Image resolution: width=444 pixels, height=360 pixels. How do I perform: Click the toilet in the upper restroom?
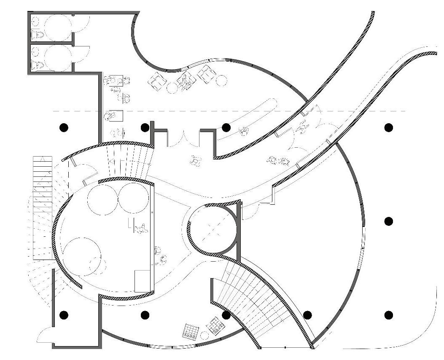point(38,34)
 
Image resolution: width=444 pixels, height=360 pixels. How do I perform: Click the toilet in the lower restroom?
point(38,65)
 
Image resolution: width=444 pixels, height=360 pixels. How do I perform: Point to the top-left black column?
point(64,127)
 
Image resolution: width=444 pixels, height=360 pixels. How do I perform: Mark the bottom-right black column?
point(388,315)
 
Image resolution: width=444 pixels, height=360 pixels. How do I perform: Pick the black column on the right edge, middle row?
point(388,221)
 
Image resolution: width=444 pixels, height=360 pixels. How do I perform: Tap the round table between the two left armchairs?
point(172,87)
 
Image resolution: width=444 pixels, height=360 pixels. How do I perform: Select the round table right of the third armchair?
point(221,79)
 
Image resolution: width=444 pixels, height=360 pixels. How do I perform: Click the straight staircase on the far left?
point(43,207)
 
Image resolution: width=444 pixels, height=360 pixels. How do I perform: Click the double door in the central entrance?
point(183,139)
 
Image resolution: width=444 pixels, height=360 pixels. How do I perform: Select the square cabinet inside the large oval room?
point(142,280)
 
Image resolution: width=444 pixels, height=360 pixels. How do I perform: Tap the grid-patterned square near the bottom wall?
point(191,331)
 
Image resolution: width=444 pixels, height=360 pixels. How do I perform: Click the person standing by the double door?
point(195,160)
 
